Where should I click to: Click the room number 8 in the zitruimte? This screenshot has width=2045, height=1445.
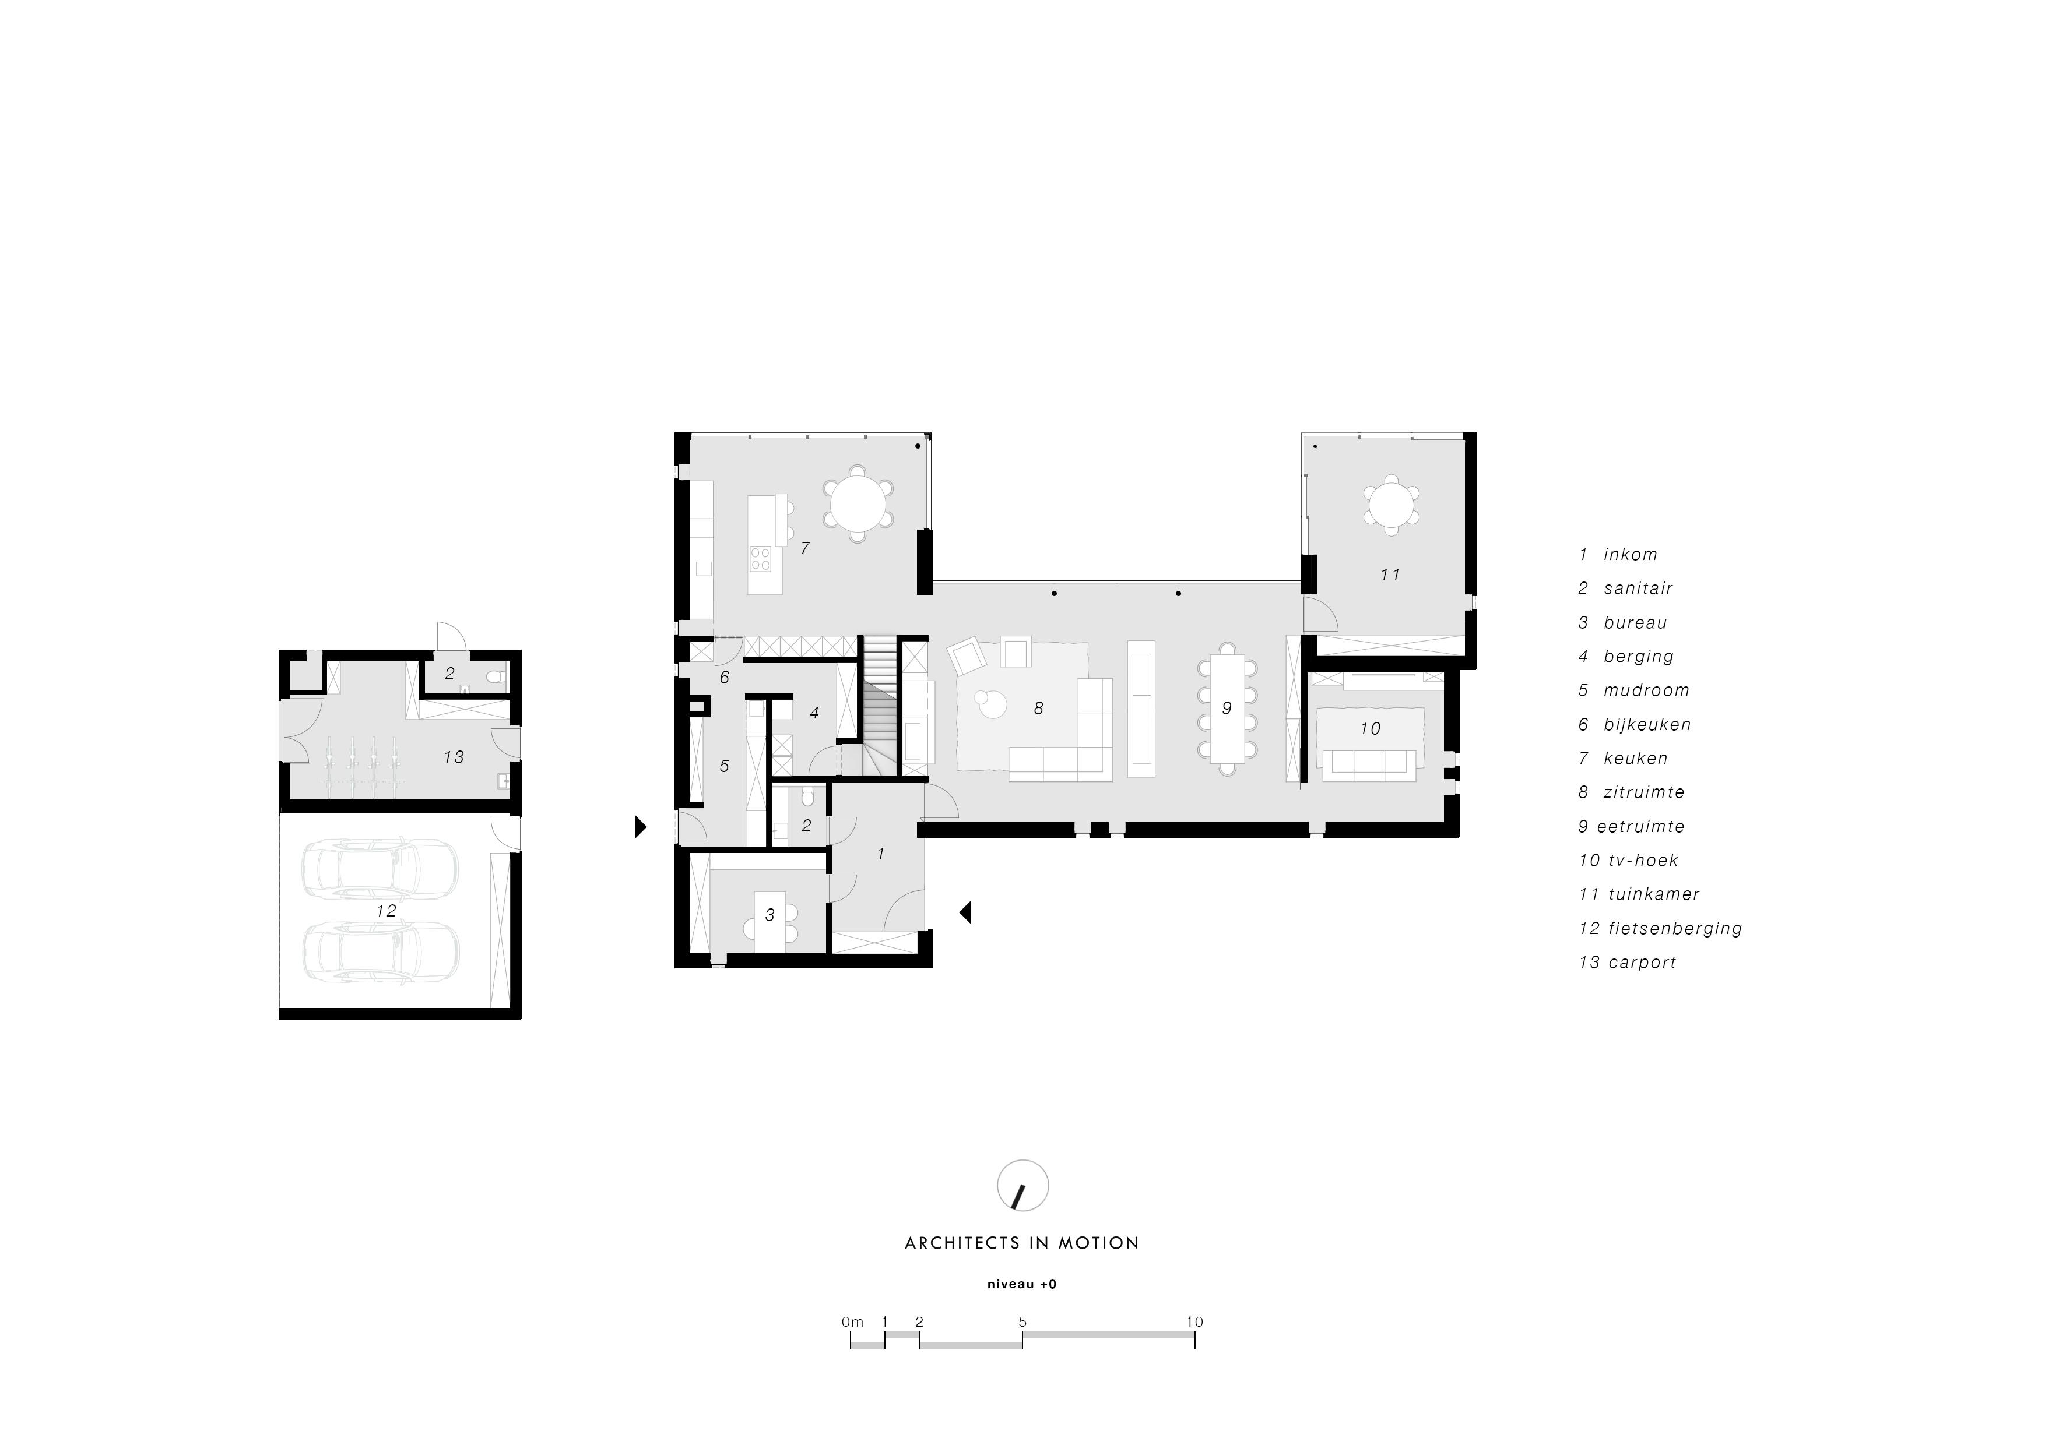click(1039, 709)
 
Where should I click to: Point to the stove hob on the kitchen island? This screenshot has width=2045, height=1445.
click(761, 558)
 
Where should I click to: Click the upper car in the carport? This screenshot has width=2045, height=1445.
click(380, 868)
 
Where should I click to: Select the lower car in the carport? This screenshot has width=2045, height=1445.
click(380, 951)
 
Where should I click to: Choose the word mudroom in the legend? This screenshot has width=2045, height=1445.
click(1647, 690)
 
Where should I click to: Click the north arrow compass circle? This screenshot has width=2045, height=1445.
click(1023, 1186)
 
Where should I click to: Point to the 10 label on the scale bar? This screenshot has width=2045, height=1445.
click(1194, 1322)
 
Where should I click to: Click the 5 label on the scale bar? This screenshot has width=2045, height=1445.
click(1023, 1322)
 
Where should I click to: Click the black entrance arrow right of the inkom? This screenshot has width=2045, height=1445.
click(965, 912)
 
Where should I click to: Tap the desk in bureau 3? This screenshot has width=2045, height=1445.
click(769, 922)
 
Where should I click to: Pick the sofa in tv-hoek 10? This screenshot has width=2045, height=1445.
click(1368, 766)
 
